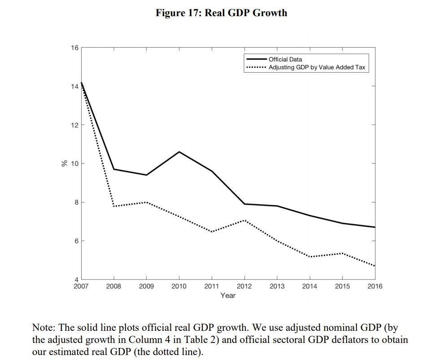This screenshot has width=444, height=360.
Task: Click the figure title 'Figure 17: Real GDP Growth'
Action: (x=222, y=13)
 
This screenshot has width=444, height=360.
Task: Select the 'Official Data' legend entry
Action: (x=285, y=59)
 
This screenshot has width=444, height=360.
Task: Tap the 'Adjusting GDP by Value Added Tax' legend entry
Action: (x=317, y=68)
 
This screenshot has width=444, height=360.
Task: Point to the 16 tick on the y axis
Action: (x=75, y=48)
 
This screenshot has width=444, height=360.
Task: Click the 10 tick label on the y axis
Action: (x=75, y=163)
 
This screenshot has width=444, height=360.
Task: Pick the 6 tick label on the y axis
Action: (x=76, y=241)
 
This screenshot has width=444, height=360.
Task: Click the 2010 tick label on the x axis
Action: (x=179, y=286)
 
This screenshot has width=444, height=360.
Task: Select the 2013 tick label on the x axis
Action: (x=277, y=286)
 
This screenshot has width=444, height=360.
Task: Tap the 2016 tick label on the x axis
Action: (x=374, y=286)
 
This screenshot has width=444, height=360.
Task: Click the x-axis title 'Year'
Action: (x=228, y=295)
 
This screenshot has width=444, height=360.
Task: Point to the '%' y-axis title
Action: (x=64, y=163)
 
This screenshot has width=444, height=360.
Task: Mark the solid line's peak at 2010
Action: (x=179, y=152)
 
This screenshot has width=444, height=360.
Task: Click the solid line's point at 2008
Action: (x=114, y=169)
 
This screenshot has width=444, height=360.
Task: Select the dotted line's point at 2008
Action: (x=114, y=206)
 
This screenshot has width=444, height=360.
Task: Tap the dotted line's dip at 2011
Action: (x=212, y=232)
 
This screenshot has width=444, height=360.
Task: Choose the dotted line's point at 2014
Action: (x=309, y=257)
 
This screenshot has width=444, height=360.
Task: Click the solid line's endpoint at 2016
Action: (x=374, y=227)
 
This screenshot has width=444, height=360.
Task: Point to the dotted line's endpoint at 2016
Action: (x=374, y=266)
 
